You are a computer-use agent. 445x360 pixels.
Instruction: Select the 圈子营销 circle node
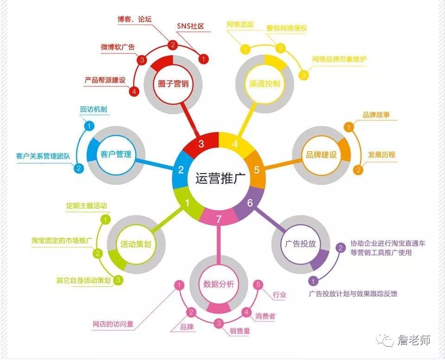point(172,84)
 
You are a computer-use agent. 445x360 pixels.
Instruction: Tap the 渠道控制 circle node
point(265,84)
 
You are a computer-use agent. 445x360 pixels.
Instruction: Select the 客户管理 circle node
point(115,154)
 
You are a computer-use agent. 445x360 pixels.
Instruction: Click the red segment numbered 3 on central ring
point(201,144)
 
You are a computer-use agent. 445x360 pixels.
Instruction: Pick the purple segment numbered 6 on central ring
point(250,203)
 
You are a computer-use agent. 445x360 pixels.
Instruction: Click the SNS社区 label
point(190,26)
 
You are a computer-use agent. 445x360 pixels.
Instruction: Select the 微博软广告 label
point(118,47)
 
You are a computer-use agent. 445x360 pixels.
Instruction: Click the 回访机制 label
point(94,109)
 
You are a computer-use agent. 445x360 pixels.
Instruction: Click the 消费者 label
point(265,316)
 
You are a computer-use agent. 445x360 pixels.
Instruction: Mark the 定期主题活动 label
point(86,206)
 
